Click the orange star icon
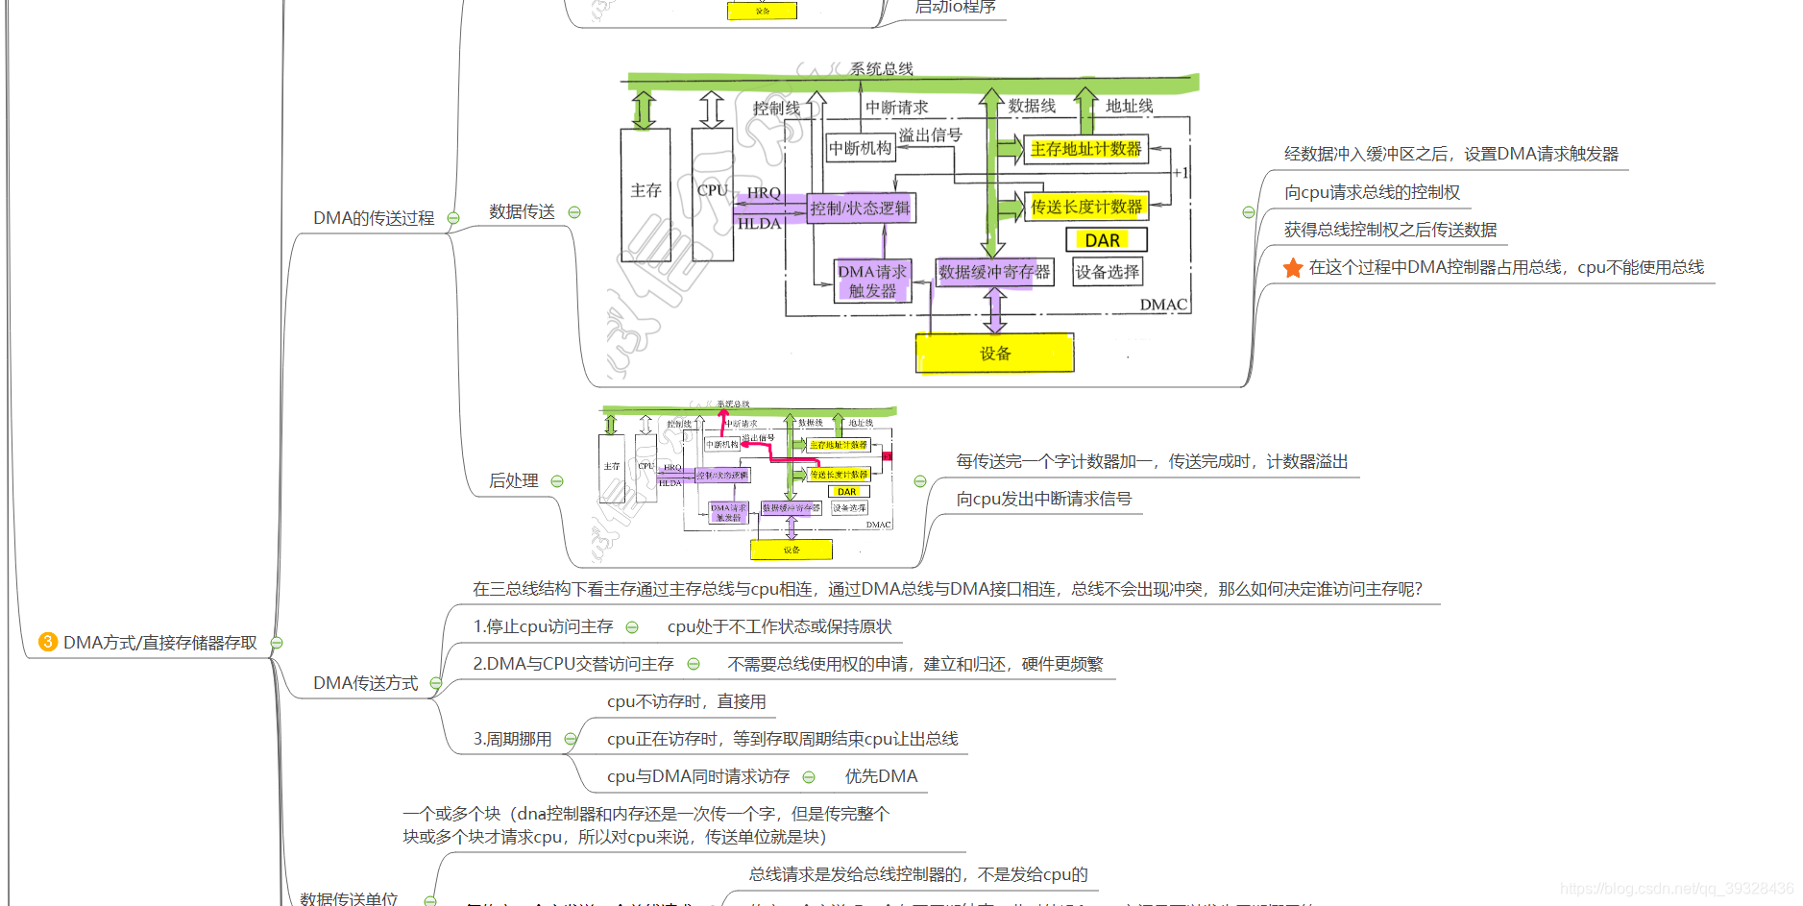point(1293,268)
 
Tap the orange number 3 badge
point(48,642)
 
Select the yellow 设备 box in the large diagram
point(994,353)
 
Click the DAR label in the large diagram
point(1103,239)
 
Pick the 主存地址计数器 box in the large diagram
point(1085,149)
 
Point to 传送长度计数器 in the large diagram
point(1086,207)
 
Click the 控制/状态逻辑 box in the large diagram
point(860,208)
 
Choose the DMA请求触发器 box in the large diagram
point(872,281)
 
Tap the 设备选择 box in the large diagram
point(1108,272)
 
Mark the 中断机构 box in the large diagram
point(861,148)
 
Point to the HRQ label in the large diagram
point(764,193)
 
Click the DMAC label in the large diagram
point(1163,305)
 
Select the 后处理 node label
point(514,480)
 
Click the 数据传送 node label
point(522,211)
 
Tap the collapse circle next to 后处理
point(557,481)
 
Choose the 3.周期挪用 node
point(512,739)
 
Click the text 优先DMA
point(881,776)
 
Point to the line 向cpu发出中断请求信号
point(1043,499)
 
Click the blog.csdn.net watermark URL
point(1676,889)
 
